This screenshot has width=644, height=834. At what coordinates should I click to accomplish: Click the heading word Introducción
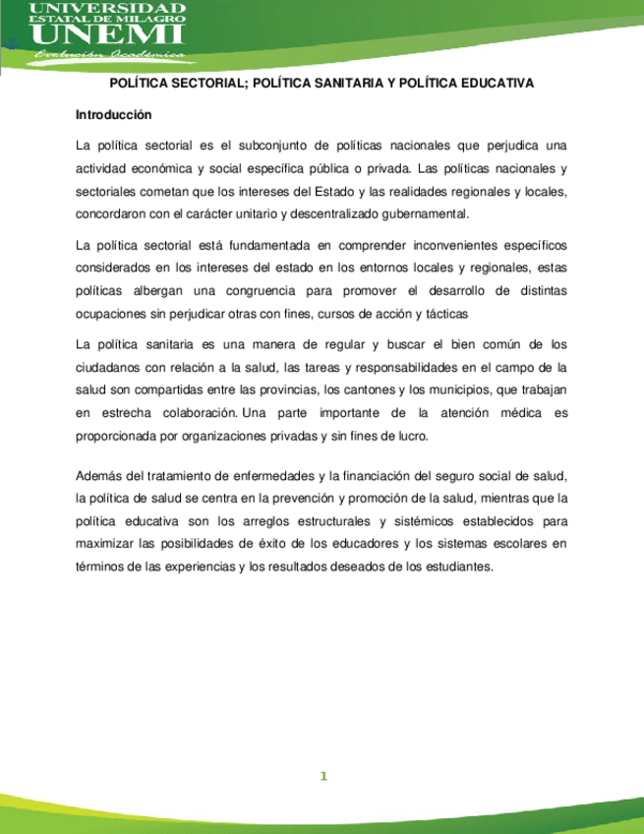point(113,114)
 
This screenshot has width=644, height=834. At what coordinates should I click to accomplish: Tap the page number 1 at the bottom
point(322,777)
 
